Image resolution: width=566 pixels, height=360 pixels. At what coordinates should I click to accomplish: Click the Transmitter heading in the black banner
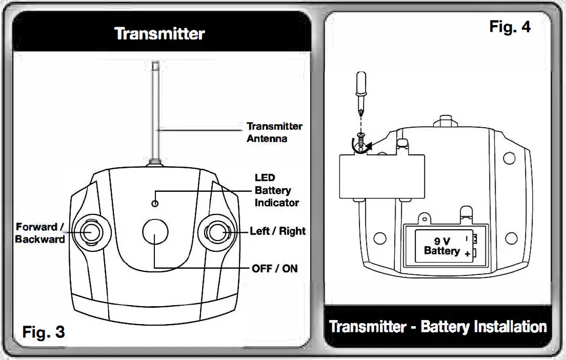159,34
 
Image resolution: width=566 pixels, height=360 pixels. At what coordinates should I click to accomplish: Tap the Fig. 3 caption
44,332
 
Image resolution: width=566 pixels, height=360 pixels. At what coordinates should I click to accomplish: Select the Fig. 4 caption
510,27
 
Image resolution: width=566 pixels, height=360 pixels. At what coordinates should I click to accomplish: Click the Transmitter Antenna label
274,132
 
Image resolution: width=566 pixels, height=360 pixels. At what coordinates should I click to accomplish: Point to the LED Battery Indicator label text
276,190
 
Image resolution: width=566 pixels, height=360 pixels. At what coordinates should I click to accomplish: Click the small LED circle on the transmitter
155,204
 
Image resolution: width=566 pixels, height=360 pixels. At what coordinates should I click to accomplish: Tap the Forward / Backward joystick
91,231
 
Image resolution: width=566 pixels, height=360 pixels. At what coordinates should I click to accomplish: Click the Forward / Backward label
41,233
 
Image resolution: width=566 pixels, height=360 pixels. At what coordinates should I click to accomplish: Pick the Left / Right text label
277,231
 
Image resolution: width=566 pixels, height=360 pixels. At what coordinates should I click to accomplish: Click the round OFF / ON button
155,232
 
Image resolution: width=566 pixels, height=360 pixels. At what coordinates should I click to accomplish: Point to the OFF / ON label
274,268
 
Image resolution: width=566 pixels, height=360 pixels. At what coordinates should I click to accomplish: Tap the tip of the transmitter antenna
156,65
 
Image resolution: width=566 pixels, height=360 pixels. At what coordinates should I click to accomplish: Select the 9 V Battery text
441,246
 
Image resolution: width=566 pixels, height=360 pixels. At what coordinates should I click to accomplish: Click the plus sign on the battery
467,254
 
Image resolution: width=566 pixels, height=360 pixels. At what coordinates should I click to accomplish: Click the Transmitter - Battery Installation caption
437,327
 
